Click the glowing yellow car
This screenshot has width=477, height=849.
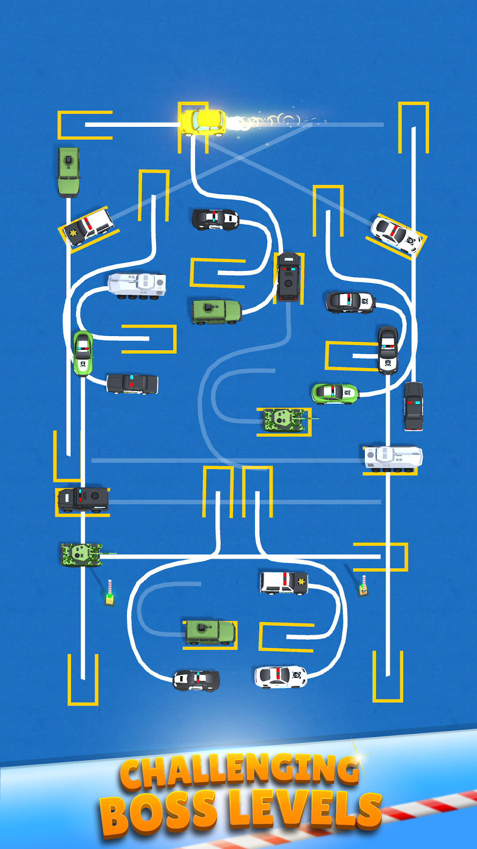click(203, 122)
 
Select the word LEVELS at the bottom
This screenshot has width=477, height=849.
click(305, 809)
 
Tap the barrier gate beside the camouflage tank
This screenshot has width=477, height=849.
click(110, 593)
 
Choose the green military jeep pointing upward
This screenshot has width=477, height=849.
click(68, 171)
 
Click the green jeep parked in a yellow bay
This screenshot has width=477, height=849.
click(210, 632)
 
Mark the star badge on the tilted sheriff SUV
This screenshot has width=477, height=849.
click(72, 233)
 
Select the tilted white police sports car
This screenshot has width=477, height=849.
click(396, 234)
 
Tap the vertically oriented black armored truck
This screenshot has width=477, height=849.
click(288, 277)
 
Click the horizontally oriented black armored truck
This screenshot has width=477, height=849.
click(83, 500)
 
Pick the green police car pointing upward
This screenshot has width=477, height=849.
click(83, 353)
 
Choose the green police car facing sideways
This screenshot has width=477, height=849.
click(335, 393)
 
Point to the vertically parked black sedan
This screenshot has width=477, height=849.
click(413, 406)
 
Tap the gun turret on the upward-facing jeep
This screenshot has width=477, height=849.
click(68, 161)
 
